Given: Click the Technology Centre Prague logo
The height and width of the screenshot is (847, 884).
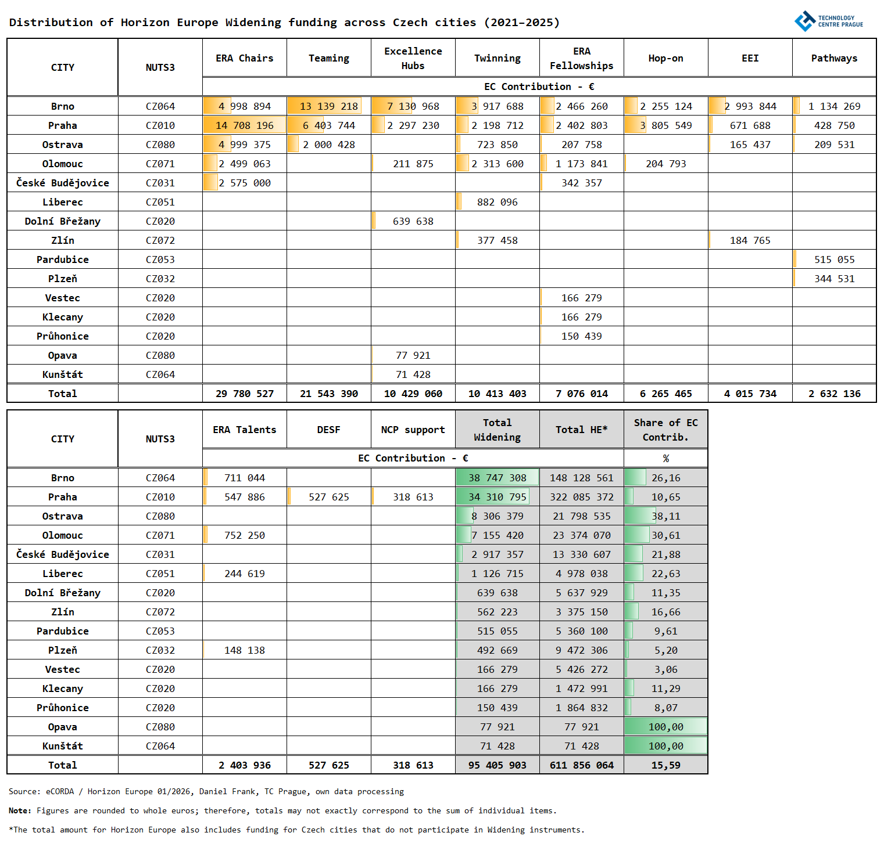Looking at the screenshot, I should [x=828, y=21].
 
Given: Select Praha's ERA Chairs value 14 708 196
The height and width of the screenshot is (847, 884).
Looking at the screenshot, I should [x=245, y=125].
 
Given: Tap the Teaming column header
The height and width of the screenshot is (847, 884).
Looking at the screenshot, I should [x=329, y=58].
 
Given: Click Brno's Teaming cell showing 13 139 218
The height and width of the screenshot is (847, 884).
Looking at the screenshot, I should [x=329, y=106].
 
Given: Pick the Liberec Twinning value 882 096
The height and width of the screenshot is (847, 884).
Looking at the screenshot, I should [x=498, y=202].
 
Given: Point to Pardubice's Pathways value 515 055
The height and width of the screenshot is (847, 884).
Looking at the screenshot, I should [x=834, y=259].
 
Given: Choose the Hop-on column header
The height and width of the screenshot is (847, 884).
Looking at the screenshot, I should [x=665, y=58].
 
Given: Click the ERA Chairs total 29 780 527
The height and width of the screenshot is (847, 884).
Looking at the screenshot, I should [x=245, y=394].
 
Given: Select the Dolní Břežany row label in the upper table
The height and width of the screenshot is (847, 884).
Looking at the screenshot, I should [x=63, y=221].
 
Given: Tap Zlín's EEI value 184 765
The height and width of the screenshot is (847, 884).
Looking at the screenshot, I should [x=750, y=240].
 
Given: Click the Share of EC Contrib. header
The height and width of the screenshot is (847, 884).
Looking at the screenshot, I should [x=665, y=430].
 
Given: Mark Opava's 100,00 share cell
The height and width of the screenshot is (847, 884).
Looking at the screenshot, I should [x=665, y=727].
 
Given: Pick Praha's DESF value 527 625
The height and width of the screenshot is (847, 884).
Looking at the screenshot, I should [x=329, y=497].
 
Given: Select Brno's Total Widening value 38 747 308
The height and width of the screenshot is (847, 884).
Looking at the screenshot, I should [x=498, y=478].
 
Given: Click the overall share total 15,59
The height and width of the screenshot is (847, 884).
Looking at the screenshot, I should [x=665, y=765].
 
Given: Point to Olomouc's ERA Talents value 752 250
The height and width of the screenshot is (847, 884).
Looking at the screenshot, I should [x=245, y=535].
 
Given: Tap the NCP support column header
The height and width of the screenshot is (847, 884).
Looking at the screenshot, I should [x=413, y=430].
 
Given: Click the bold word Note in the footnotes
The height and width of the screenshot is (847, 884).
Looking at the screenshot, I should [x=20, y=810].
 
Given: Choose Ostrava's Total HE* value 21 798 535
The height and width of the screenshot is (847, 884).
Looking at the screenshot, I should [x=582, y=516].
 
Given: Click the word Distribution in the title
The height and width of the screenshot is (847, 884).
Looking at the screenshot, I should [x=51, y=23].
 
